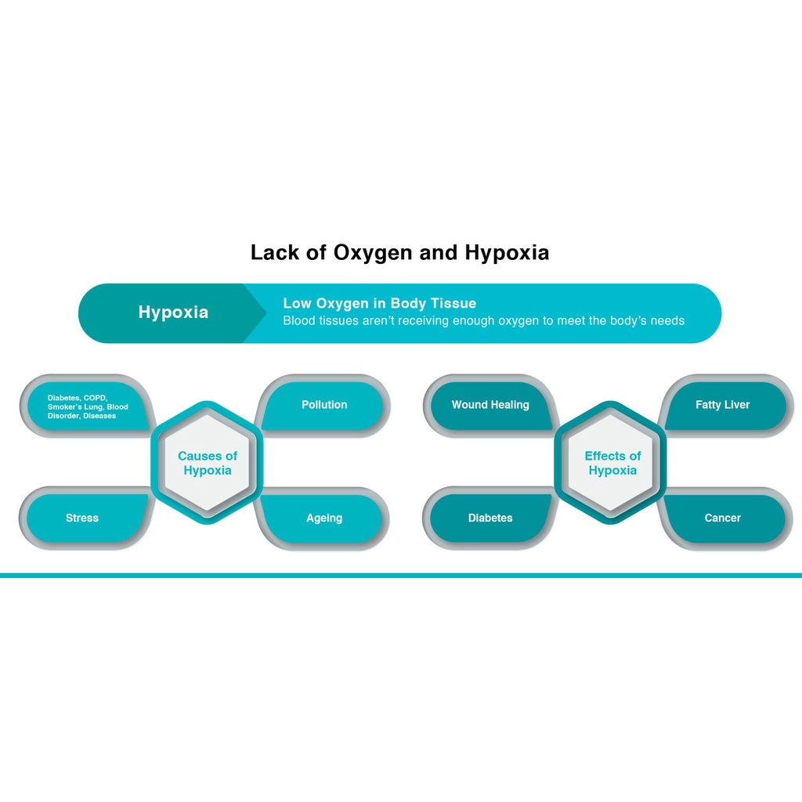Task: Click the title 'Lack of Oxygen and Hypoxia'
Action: coord(399,253)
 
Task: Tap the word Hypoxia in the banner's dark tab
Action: coord(173,312)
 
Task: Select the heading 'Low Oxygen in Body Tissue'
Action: coord(379,303)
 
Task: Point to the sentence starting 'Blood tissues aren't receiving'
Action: coord(483,321)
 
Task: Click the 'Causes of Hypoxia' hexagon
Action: coord(208,463)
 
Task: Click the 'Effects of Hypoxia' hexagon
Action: coord(612,463)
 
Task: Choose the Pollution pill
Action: coord(324,405)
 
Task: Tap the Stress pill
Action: coord(82,518)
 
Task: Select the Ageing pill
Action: coord(324,518)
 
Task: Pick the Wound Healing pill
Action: coord(490,405)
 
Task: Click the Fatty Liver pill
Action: coord(722,405)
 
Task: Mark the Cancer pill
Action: coord(722,518)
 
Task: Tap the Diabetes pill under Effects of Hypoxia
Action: coord(490,518)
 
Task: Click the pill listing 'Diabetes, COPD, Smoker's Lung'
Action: coord(86,406)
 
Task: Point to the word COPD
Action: coord(95,398)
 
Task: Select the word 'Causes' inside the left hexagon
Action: coord(197,456)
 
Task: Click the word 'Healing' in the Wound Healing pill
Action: coord(510,405)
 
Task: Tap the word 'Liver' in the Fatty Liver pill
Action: coord(737,405)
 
